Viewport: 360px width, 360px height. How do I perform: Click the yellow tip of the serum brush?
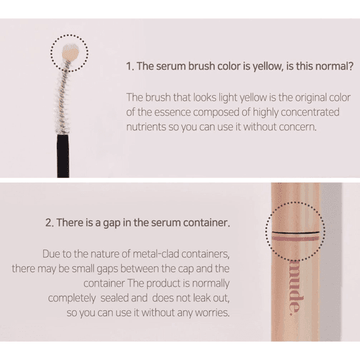tap(70, 52)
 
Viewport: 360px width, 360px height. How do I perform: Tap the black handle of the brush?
tap(63, 155)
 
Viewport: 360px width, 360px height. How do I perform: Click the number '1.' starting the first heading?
tap(130, 66)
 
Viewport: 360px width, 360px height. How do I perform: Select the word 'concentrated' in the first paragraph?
tap(310, 112)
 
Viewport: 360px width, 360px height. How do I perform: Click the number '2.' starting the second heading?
tap(50, 223)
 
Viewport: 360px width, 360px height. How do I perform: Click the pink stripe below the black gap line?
tap(294, 239)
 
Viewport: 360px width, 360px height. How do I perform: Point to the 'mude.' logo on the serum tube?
tap(295, 288)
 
